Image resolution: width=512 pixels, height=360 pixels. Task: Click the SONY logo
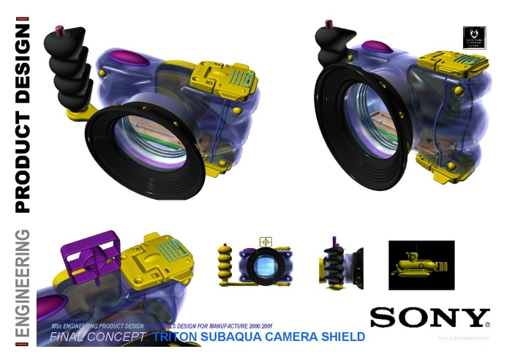(x=429, y=318)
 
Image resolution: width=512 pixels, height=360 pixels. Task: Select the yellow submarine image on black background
(x=421, y=264)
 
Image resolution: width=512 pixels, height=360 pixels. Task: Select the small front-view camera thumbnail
(x=265, y=264)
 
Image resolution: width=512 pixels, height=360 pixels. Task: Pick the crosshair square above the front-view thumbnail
(x=265, y=241)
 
